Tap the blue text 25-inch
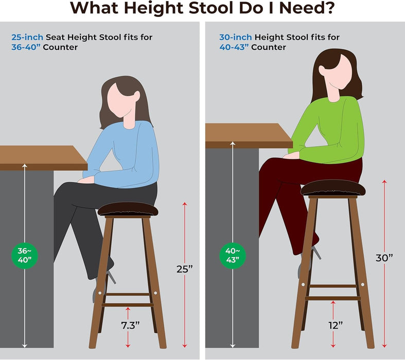coord(27,37)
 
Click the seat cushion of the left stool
coord(127,209)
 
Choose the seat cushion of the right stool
coord(330,188)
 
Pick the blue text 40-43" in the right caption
coord(230,47)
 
